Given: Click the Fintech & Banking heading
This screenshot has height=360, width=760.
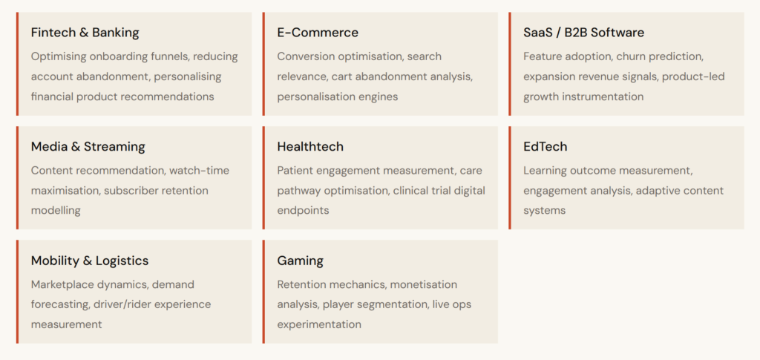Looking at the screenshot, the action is [85, 33].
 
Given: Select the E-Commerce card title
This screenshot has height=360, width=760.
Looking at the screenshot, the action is [318, 33].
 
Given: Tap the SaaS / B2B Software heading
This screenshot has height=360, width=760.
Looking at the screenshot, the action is [583, 33].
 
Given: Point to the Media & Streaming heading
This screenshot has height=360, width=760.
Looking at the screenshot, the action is [88, 147].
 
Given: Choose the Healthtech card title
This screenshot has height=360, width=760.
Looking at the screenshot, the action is [310, 147].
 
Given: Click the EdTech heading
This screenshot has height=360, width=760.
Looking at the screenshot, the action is [545, 147].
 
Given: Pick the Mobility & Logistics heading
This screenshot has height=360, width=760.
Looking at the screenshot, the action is [90, 261].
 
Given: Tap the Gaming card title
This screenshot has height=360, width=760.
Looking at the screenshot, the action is [300, 261].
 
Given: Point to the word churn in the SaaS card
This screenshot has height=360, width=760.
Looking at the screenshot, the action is [632, 56].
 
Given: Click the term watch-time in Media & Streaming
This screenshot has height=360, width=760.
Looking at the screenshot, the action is [199, 171].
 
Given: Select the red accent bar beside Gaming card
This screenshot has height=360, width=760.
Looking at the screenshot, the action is [263, 292].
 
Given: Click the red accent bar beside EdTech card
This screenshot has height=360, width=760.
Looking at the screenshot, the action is [510, 178].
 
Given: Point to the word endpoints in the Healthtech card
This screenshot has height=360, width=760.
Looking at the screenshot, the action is [303, 211].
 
